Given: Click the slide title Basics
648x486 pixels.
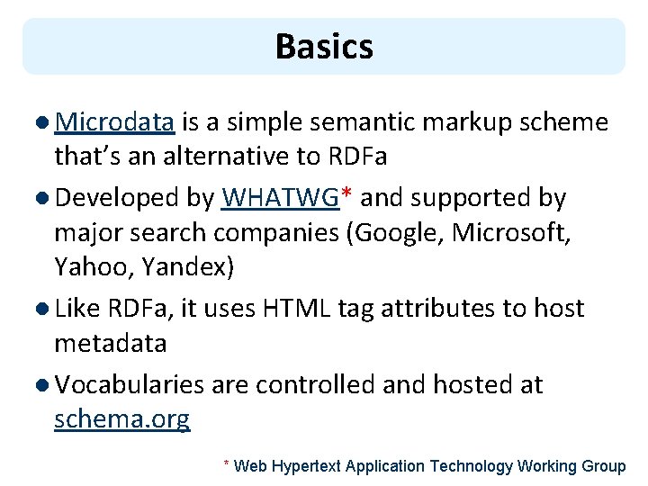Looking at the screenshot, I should (324, 46).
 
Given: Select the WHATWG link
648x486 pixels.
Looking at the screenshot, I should (280, 197).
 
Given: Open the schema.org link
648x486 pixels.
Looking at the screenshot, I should (122, 419).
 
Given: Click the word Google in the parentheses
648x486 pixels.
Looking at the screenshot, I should (400, 232).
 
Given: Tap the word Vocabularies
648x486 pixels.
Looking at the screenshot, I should (130, 385).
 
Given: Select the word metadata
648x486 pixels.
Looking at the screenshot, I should (111, 343).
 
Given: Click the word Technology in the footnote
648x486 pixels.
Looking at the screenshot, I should (471, 466).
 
